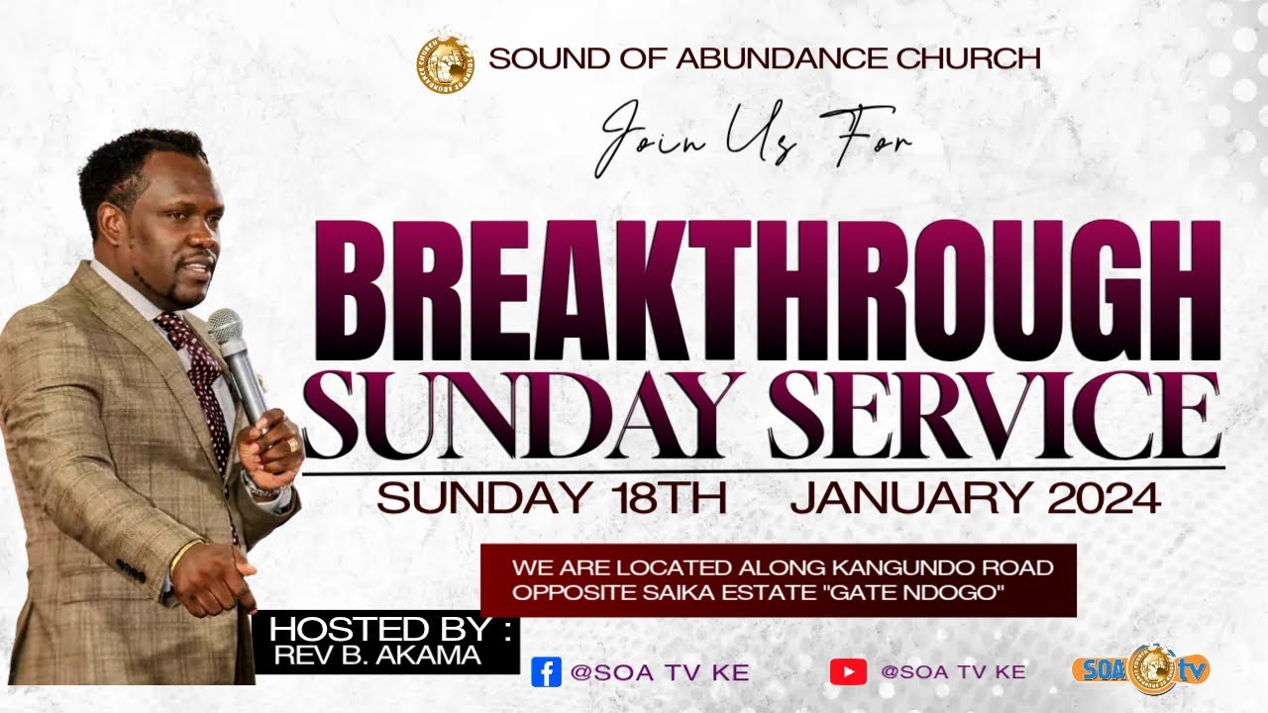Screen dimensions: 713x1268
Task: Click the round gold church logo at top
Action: click(x=445, y=58)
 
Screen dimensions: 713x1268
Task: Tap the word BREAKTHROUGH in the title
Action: click(x=768, y=292)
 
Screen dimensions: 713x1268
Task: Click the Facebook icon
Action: click(x=546, y=671)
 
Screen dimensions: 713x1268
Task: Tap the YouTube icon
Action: click(x=848, y=671)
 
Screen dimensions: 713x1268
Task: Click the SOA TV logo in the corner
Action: click(x=1140, y=669)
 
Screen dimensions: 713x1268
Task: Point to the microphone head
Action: click(x=225, y=327)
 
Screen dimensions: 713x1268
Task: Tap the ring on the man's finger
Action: click(x=293, y=445)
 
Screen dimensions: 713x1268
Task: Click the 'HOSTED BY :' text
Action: click(x=390, y=629)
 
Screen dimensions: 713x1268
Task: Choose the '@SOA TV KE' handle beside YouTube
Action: click(x=953, y=671)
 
